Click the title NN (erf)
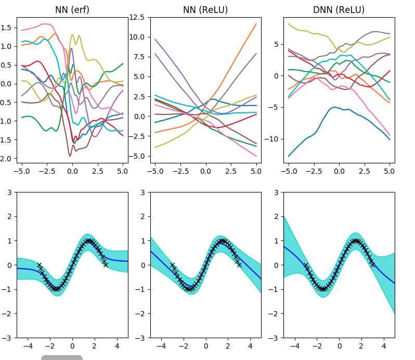click(x=72, y=10)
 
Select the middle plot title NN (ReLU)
click(x=205, y=10)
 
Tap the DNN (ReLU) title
click(x=339, y=10)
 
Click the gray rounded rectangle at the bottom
click(x=62, y=357)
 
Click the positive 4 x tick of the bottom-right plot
click(x=384, y=345)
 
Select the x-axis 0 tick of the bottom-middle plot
click(x=206, y=345)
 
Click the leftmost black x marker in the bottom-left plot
click(x=39, y=265)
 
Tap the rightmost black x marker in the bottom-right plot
click(x=372, y=265)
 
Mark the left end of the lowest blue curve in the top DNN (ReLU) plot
click(x=289, y=156)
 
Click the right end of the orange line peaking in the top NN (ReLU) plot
click(x=256, y=23)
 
